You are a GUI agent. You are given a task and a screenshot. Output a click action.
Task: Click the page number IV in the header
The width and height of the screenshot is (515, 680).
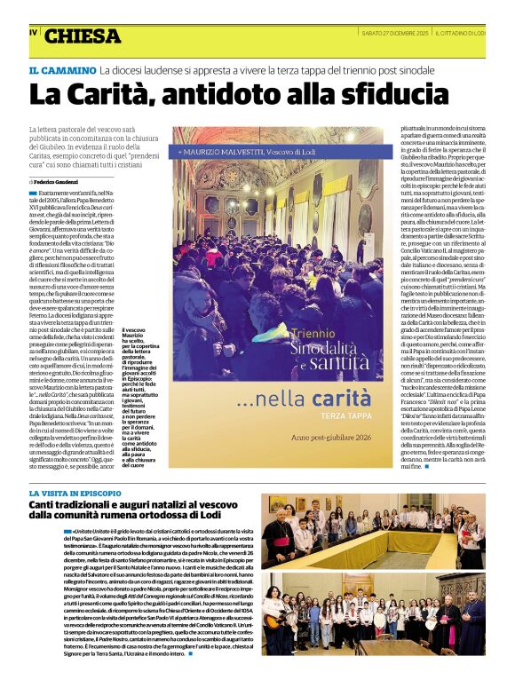tap(34, 33)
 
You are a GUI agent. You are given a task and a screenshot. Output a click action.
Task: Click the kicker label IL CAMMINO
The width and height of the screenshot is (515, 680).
tap(62, 69)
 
